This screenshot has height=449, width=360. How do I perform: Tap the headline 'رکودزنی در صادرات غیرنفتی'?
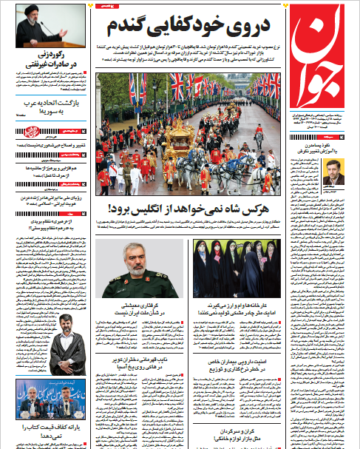[x=49, y=61]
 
